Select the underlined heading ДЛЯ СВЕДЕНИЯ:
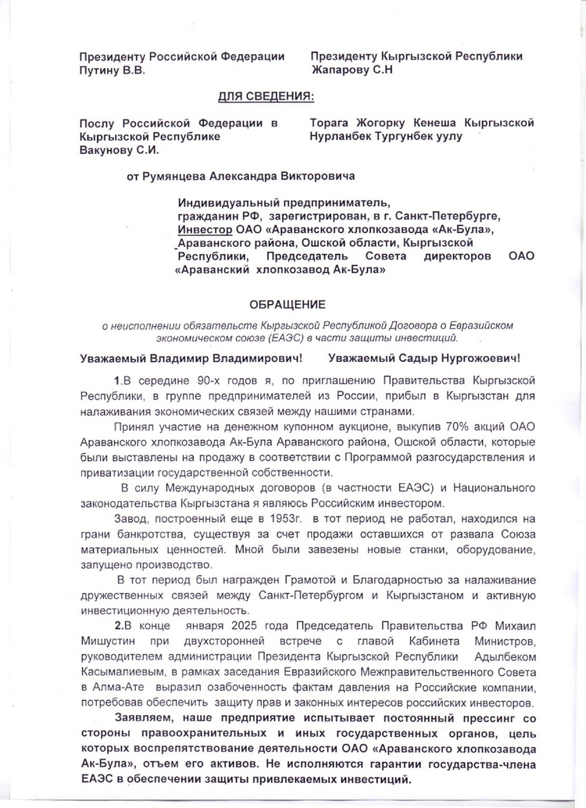(266, 97)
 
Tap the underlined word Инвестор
(205, 230)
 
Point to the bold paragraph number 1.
(117, 381)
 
